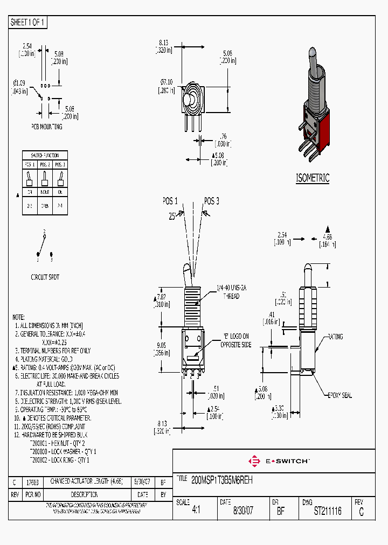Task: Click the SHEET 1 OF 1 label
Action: pos(29,23)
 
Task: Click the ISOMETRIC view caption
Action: pos(312,178)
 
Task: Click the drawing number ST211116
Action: pos(328,512)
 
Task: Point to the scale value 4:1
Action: pos(196,512)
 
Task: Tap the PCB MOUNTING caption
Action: pos(46,127)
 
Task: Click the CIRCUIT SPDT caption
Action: pos(45,277)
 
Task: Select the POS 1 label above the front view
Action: pos(170,201)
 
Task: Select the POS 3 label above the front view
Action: pos(211,201)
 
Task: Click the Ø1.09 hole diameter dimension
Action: pos(19,83)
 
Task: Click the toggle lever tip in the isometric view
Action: pos(312,53)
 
